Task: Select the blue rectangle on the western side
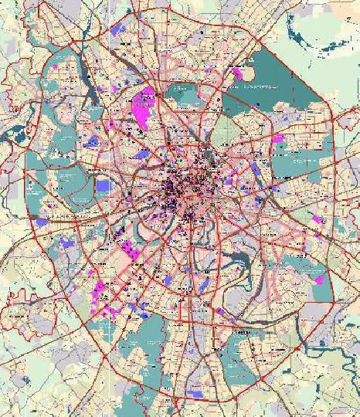(104, 185)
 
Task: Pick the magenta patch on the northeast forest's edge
(237, 73)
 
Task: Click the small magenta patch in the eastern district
(279, 140)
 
